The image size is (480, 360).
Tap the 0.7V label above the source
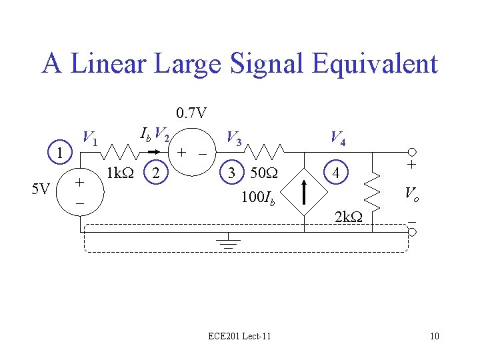pyautogui.click(x=191, y=113)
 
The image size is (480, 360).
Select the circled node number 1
pyautogui.click(x=61, y=153)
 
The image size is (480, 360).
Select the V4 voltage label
pyautogui.click(x=337, y=139)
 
